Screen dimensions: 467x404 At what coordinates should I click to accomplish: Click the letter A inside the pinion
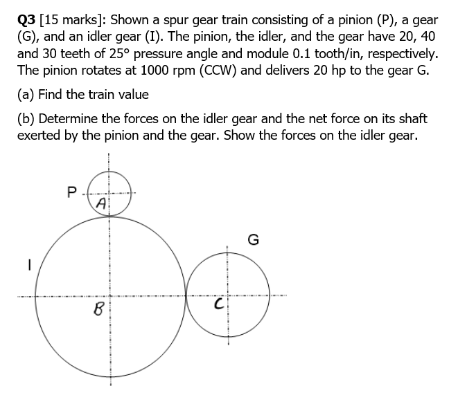point(101,203)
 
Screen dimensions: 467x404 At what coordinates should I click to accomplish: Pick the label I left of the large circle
point(29,263)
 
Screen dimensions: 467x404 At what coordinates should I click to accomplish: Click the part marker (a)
point(28,95)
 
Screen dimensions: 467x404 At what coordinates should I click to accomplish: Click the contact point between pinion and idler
point(107,213)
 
